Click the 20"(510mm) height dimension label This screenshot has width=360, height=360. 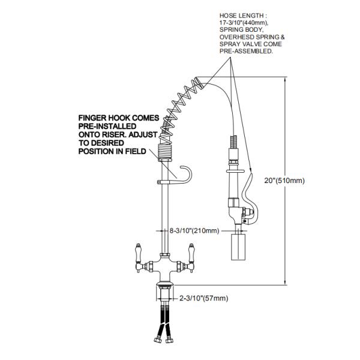284,181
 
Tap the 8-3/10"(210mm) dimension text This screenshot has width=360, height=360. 194,230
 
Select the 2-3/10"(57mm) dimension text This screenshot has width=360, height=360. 203,298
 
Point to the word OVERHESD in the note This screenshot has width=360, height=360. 236,37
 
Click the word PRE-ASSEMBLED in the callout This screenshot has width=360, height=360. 246,51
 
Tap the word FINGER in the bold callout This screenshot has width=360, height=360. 92,118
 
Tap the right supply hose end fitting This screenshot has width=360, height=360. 169,340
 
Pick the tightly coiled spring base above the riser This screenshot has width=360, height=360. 165,152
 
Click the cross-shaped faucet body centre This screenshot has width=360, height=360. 165,266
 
